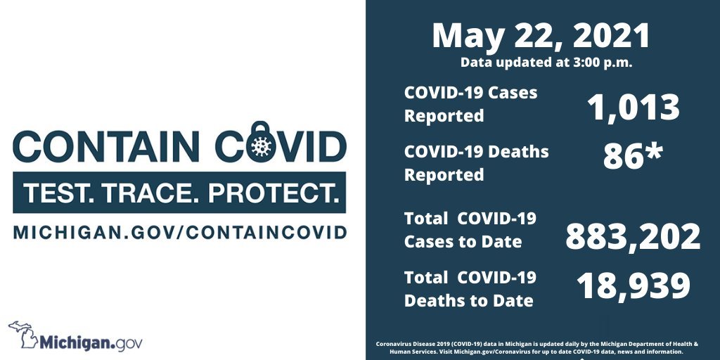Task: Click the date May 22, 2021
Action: [x=541, y=36]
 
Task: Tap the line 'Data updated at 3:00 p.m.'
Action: [x=546, y=63]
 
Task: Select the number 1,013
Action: [x=634, y=108]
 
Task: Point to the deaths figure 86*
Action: [x=632, y=156]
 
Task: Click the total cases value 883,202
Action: [x=633, y=236]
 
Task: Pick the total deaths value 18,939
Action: [x=634, y=285]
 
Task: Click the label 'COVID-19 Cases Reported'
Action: [x=470, y=104]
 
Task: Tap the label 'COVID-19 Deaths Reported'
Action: [x=476, y=163]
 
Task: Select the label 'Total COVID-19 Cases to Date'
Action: [x=470, y=230]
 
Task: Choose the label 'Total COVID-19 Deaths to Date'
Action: [x=470, y=289]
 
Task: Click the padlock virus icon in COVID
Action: [x=261, y=142]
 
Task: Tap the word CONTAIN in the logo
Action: [x=106, y=146]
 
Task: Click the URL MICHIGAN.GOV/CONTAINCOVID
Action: [x=179, y=232]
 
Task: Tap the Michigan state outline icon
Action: [x=23, y=334]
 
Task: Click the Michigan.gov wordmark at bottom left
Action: [x=91, y=342]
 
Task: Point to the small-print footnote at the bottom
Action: [x=537, y=347]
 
